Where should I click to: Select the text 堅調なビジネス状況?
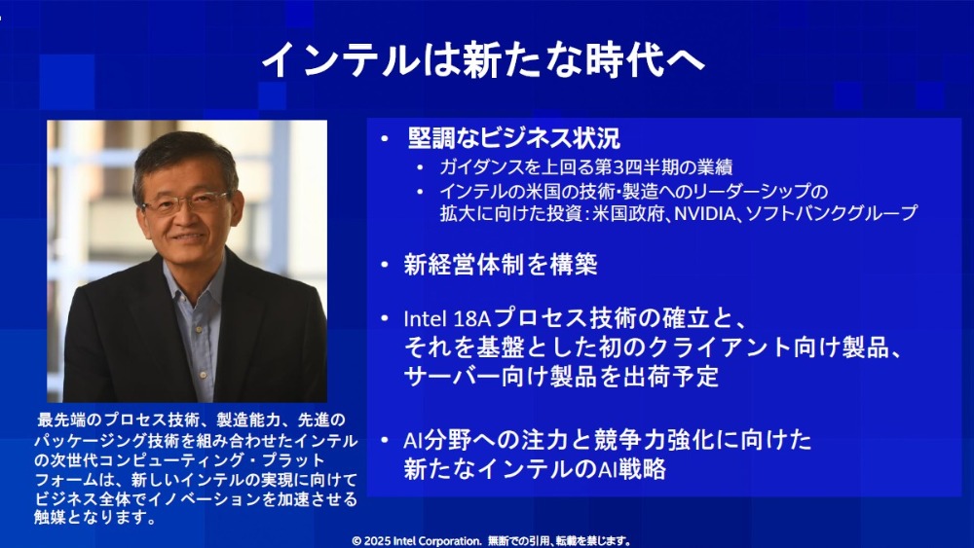click(x=512, y=137)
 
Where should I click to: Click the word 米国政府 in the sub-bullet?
click(x=639, y=212)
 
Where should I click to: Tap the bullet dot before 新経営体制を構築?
click(x=386, y=265)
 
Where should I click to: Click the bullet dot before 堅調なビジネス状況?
click(x=386, y=138)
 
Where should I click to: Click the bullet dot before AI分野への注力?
click(x=386, y=441)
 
